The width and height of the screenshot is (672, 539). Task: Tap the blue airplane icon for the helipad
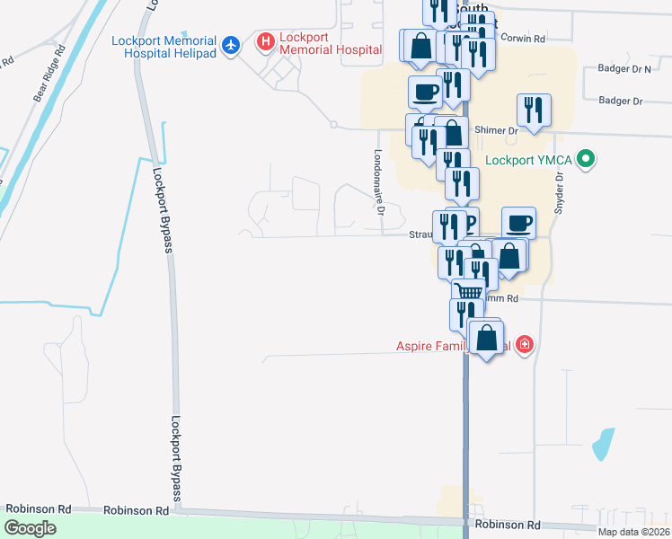pos(232,44)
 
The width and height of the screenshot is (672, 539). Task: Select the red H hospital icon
pos(265,41)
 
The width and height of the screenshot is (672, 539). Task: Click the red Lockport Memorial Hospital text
pos(318,43)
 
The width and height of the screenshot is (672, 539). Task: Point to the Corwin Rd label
pos(523,40)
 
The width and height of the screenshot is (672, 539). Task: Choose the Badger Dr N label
pos(623,68)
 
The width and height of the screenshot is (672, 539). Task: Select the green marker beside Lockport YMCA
pos(587,161)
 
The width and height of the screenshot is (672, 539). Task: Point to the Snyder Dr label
pos(559,190)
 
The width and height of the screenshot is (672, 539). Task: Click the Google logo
pos(31,528)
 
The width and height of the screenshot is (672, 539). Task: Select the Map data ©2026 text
pos(633,532)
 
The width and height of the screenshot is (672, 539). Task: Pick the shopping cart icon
pos(468,291)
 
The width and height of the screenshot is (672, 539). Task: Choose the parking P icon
pos(470,222)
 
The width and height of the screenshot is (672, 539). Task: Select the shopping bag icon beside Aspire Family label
pos(486,339)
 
